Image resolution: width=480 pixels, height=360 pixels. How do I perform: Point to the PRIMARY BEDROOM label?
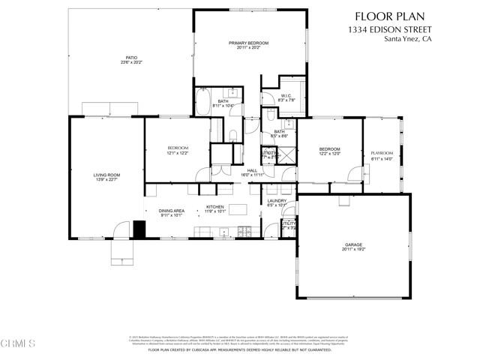[x=248, y=43]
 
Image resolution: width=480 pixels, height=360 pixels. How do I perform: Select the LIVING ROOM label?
[x=106, y=175]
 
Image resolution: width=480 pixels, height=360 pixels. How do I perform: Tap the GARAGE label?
[x=354, y=245]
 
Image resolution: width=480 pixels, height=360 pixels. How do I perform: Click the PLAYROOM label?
[x=382, y=153]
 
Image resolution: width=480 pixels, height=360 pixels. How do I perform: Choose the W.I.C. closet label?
[x=286, y=95]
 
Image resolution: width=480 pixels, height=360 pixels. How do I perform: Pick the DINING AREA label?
[x=172, y=211]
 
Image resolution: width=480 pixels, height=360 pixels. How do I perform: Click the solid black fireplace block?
[x=139, y=229]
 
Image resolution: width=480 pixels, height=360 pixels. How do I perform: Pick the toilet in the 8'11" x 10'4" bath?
[x=232, y=136]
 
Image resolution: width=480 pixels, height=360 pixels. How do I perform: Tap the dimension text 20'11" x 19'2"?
[x=354, y=250]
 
